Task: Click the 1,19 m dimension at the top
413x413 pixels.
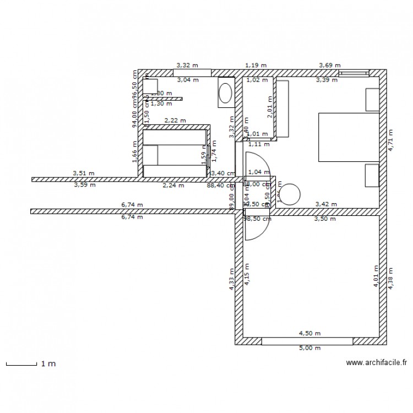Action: [x=256, y=66]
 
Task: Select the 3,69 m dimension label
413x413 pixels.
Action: [x=329, y=66]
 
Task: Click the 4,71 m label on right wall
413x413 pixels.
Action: [x=392, y=140]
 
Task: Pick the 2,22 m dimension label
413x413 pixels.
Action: [x=175, y=121]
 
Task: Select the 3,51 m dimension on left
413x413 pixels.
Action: [x=84, y=173]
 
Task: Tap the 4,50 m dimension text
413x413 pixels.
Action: [x=309, y=333]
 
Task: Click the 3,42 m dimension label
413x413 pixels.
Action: [x=325, y=204]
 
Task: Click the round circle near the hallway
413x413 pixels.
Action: [x=291, y=194]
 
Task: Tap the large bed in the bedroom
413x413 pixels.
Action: [x=349, y=137]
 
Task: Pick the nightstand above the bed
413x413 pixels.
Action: [x=372, y=100]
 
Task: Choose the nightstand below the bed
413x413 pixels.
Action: [x=372, y=175]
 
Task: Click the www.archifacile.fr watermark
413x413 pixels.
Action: [x=376, y=363]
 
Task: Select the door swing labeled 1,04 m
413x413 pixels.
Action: [x=257, y=165]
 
